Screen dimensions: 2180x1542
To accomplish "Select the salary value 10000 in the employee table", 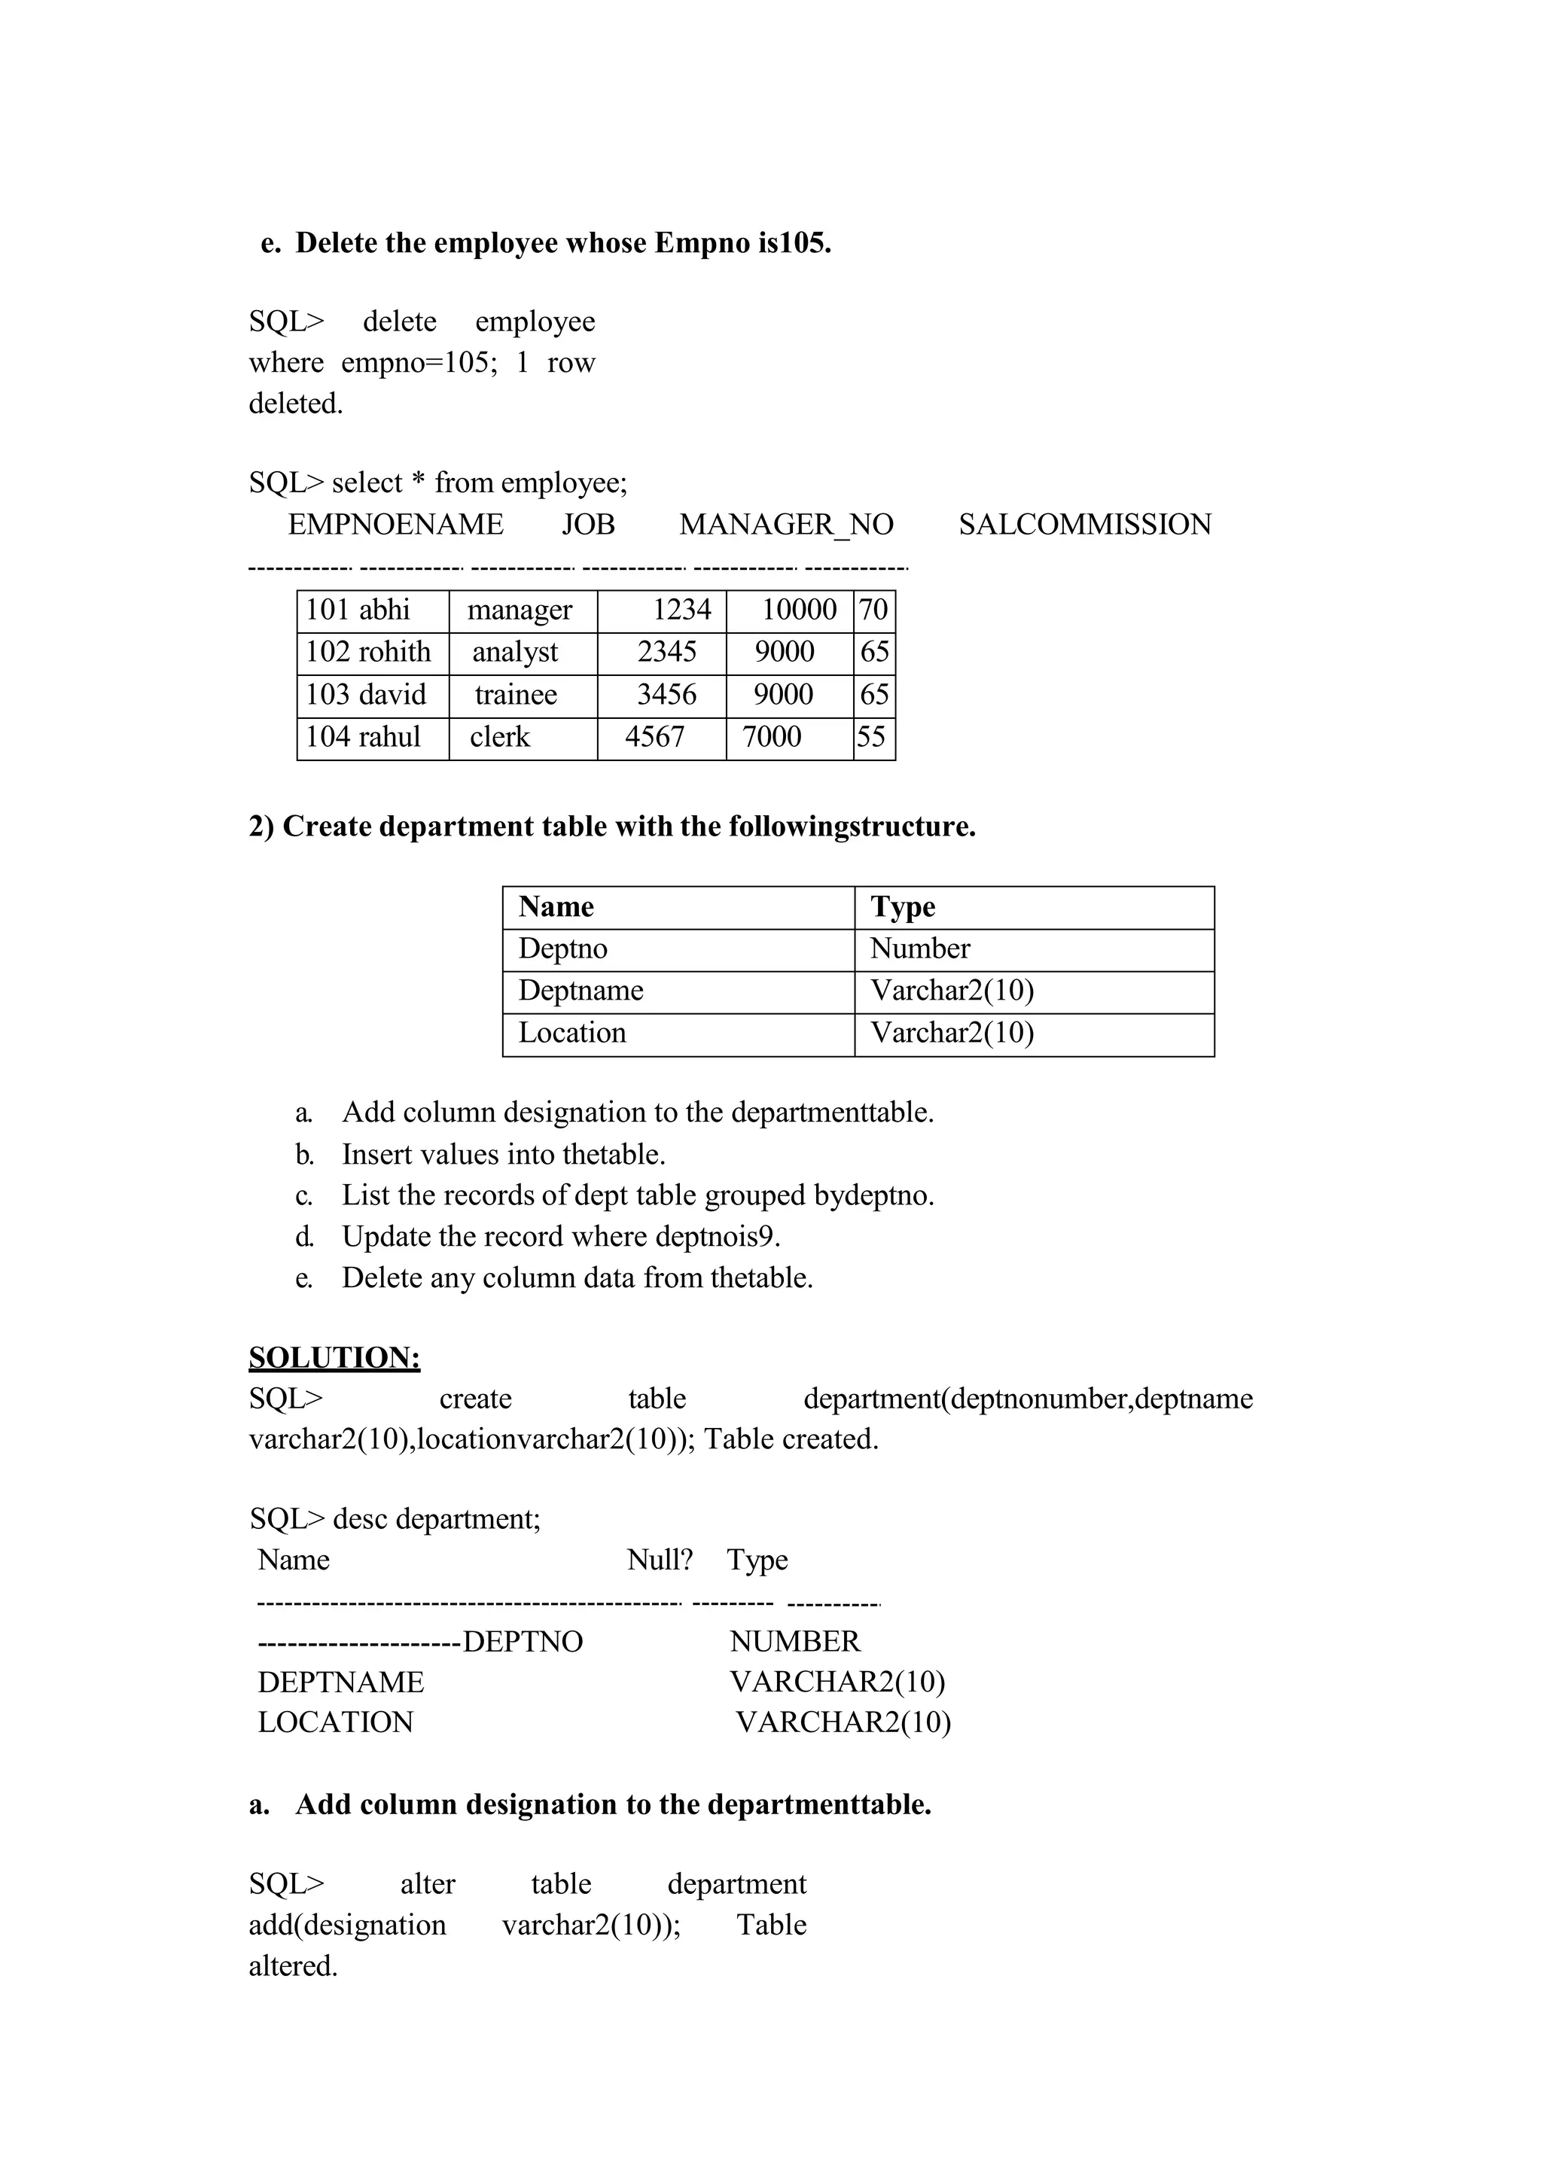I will pyautogui.click(x=799, y=610).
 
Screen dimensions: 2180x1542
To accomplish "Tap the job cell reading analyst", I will pyautogui.click(x=516, y=653).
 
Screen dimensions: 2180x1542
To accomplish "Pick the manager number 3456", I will pyautogui.click(x=666, y=695).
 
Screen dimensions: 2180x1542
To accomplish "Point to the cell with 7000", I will pyautogui.click(x=771, y=738).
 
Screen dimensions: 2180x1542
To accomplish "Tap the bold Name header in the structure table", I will pyautogui.click(x=556, y=908).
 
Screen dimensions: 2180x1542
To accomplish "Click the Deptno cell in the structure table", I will pyautogui.click(x=563, y=949).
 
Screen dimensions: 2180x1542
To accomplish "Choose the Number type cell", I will pyautogui.click(x=920, y=949).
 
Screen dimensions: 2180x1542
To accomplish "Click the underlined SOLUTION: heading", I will pyautogui.click(x=334, y=1358).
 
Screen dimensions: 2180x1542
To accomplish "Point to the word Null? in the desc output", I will pyautogui.click(x=660, y=1560).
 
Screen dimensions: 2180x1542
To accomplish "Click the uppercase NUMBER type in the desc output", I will pyautogui.click(x=795, y=1642).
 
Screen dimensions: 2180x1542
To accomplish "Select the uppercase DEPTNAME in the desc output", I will pyautogui.click(x=341, y=1682).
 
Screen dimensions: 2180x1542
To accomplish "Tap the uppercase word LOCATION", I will pyautogui.click(x=335, y=1722).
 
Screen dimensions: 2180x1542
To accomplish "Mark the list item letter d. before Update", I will pyautogui.click(x=304, y=1238).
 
